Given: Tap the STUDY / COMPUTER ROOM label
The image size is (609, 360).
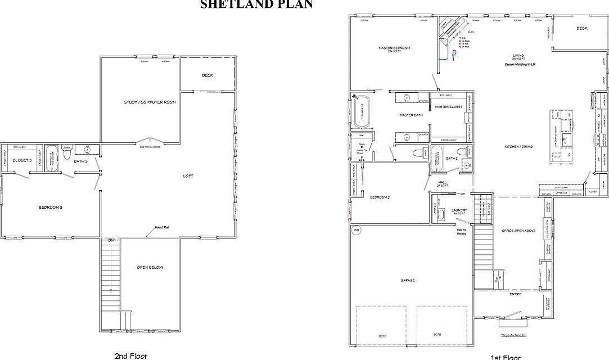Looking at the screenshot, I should [150, 102].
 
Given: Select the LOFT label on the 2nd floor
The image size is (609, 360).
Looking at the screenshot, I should [188, 176].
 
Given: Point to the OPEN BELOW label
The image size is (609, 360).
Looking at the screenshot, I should [150, 267].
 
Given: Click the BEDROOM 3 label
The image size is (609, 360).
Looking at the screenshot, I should [50, 208].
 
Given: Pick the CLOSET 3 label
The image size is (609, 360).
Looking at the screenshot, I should [22, 160].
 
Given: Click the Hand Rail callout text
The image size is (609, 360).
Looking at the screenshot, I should [163, 228].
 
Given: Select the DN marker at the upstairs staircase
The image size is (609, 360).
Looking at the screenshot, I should [112, 240].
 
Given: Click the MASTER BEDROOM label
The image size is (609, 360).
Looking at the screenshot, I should [394, 48].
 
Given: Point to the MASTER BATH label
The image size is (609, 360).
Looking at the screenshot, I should [410, 115].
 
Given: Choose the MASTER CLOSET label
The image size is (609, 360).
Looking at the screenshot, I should [448, 107].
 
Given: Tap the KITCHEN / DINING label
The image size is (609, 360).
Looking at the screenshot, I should [518, 147].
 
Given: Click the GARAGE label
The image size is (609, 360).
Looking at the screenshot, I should [408, 280].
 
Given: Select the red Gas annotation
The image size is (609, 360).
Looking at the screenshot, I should [471, 33].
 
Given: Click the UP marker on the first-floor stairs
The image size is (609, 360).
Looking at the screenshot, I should [498, 278].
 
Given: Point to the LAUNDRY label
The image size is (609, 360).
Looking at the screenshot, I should [459, 210].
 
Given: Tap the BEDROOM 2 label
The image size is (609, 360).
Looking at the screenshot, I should [380, 197].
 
